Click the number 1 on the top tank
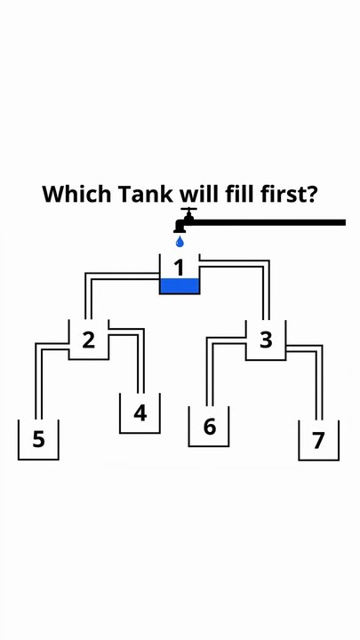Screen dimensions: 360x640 pyautogui.click(x=179, y=268)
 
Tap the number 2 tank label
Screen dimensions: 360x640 pyautogui.click(x=89, y=340)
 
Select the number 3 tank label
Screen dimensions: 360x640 pyautogui.click(x=266, y=340)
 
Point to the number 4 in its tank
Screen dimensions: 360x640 pyautogui.click(x=140, y=413)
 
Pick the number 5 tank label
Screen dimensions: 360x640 pyautogui.click(x=38, y=439)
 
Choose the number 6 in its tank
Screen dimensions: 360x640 pyautogui.click(x=209, y=427)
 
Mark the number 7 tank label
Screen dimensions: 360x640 pyautogui.click(x=318, y=440)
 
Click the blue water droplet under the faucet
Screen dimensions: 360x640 pyautogui.click(x=180, y=242)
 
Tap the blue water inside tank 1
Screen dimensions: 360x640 pyautogui.click(x=180, y=285)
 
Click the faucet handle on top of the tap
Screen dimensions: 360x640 pyautogui.click(x=188, y=210)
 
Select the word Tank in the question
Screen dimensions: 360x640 pyautogui.click(x=145, y=194)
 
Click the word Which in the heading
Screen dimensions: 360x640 pyautogui.click(x=76, y=194)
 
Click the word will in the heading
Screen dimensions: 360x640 pyautogui.click(x=199, y=194)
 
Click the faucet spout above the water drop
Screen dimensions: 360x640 pyautogui.click(x=180, y=228)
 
